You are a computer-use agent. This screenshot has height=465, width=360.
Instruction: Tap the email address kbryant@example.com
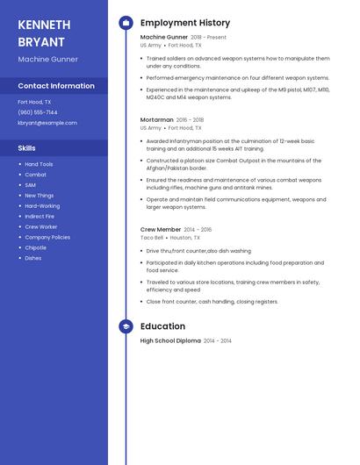47,123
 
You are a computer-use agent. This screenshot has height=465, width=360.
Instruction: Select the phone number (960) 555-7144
38,112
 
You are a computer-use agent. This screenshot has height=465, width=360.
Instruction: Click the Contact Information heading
56,86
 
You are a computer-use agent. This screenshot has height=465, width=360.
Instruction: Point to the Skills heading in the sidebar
26,148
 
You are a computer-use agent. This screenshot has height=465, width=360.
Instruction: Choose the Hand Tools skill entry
39,164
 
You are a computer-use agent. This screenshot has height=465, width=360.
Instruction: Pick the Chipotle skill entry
36,247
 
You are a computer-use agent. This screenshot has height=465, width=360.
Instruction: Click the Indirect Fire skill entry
40,216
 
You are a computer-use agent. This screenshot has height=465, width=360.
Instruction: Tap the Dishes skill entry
33,258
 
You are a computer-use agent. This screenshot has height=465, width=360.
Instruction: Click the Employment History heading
185,23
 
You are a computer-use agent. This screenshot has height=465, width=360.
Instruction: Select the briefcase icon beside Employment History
126,23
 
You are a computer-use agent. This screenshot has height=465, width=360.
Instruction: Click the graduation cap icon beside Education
126,326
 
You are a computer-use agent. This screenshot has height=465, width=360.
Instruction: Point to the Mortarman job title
157,119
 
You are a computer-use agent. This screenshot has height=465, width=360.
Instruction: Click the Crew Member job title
161,229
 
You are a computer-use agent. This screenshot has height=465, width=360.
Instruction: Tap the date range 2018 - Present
208,38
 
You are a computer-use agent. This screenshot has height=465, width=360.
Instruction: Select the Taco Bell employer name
152,238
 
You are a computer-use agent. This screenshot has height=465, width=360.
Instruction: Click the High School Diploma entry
170,340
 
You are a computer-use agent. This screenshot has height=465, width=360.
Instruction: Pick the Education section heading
162,326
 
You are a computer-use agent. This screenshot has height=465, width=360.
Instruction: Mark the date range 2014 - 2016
198,229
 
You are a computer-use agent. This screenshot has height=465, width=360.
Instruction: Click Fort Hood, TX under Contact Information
34,102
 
